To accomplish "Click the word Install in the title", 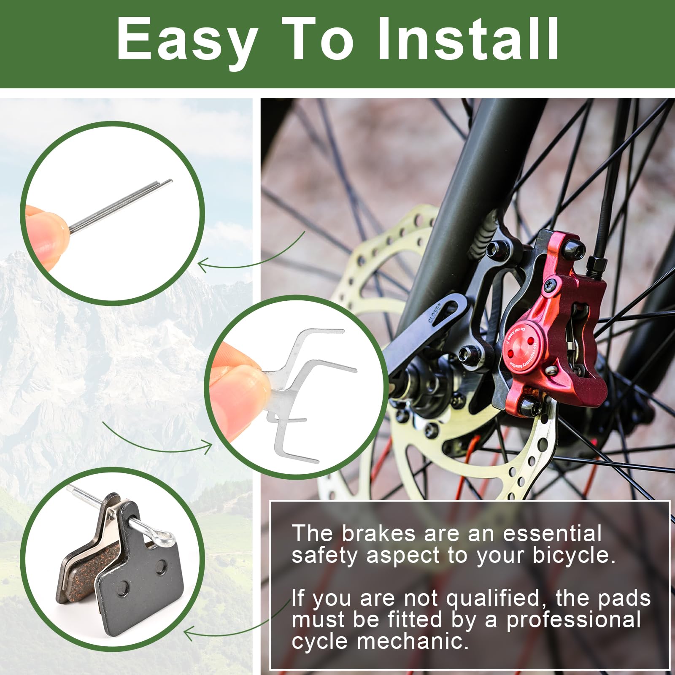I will point(468,40).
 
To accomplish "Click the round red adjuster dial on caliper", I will point(521,346).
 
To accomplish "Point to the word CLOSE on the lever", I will point(435,313).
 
